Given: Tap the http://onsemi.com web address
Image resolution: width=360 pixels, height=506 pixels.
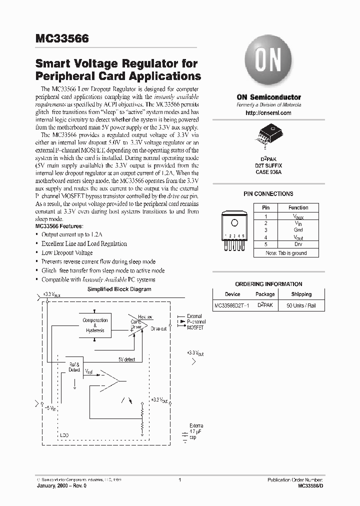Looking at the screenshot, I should click(268, 113).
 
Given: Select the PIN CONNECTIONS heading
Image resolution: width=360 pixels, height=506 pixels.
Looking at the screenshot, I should click(268, 194).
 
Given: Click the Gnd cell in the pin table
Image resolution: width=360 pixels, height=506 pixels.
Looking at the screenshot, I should click(298, 230).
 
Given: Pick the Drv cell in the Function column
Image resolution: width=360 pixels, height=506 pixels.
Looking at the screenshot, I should click(298, 244).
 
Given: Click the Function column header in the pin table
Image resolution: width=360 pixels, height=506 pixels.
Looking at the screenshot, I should click(298, 207).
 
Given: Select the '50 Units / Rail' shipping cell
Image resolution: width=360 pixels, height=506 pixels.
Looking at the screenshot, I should click(301, 305).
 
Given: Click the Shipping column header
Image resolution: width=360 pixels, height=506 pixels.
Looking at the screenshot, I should click(301, 294).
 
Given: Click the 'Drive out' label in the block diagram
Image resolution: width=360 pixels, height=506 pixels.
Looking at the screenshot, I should click(159, 328).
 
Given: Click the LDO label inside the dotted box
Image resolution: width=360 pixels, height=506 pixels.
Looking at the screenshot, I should click(64, 434).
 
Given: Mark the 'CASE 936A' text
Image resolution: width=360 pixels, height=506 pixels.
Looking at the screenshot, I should click(268, 172).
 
